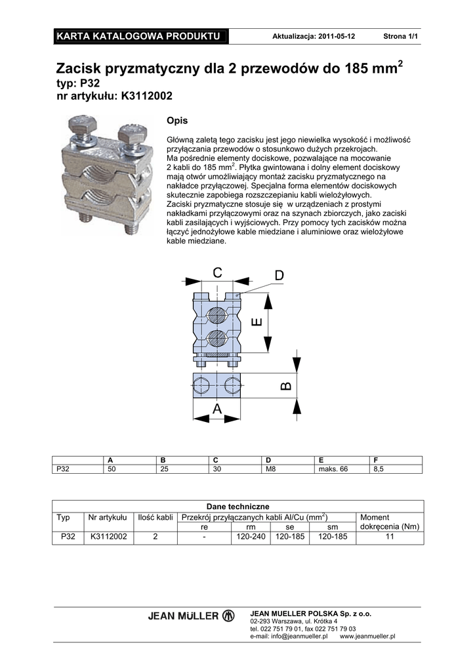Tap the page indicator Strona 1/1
tap(401, 36)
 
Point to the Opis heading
tap(177, 121)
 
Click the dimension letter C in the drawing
tap(217, 273)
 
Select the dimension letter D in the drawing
tap(279, 276)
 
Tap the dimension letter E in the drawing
tap(257, 322)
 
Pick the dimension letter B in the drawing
tap(285, 386)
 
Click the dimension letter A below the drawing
tap(217, 409)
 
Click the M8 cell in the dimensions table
tap(269, 469)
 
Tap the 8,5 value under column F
tap(379, 469)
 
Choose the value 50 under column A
tap(112, 469)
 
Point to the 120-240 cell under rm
tap(251, 537)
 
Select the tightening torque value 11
tap(390, 537)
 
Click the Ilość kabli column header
tap(155, 518)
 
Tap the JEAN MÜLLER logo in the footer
tap(191, 616)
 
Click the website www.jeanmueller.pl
tap(368, 636)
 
